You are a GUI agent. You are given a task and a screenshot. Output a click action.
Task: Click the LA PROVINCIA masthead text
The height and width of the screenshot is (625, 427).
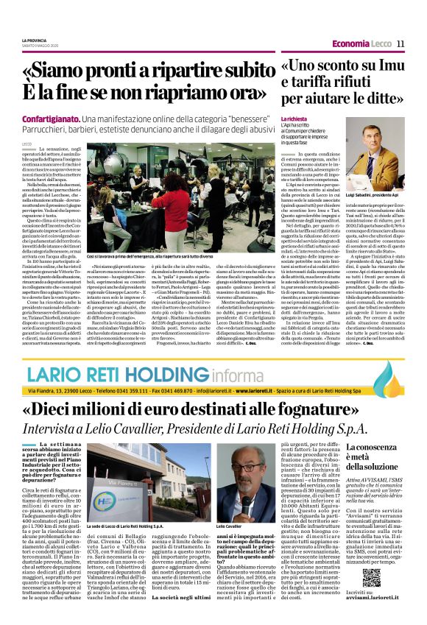point(34,39)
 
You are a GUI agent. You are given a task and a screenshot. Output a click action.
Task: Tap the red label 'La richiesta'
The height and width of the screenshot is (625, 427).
point(294,118)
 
